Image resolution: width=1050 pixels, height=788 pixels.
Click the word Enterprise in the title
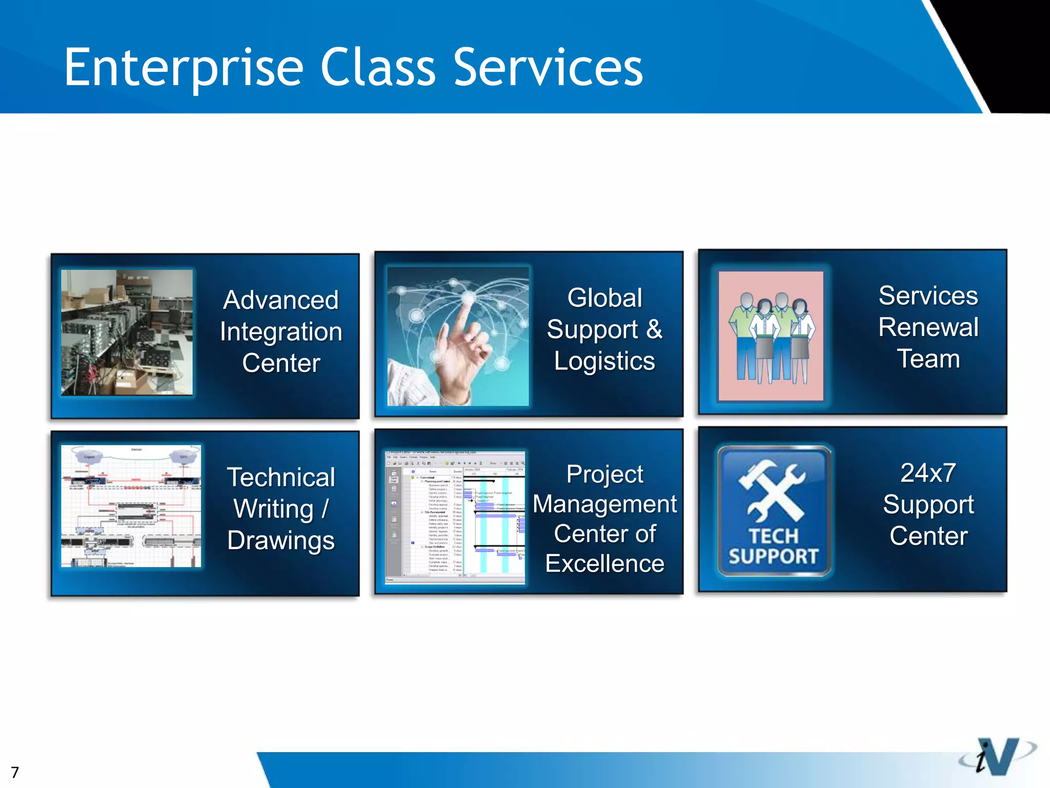184,68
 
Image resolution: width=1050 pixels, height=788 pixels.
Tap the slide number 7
15,772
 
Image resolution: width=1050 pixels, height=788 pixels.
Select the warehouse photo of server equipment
127,332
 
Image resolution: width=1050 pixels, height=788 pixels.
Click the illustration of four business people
771,337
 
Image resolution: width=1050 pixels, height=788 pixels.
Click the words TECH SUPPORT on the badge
773,546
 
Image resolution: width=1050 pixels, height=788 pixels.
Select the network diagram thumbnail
131,506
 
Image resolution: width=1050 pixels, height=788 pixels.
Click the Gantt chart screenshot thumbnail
455,517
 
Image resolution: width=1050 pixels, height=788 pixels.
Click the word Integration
281,332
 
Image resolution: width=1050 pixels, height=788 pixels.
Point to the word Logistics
604,361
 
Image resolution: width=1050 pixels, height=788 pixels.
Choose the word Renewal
928,327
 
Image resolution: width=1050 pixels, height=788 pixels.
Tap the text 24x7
928,473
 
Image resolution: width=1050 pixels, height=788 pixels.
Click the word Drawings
281,541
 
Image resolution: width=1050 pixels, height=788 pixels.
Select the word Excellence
604,564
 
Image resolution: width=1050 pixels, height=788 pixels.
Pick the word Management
604,504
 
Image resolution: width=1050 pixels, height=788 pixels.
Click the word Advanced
281,300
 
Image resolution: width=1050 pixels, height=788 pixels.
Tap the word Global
604,298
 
